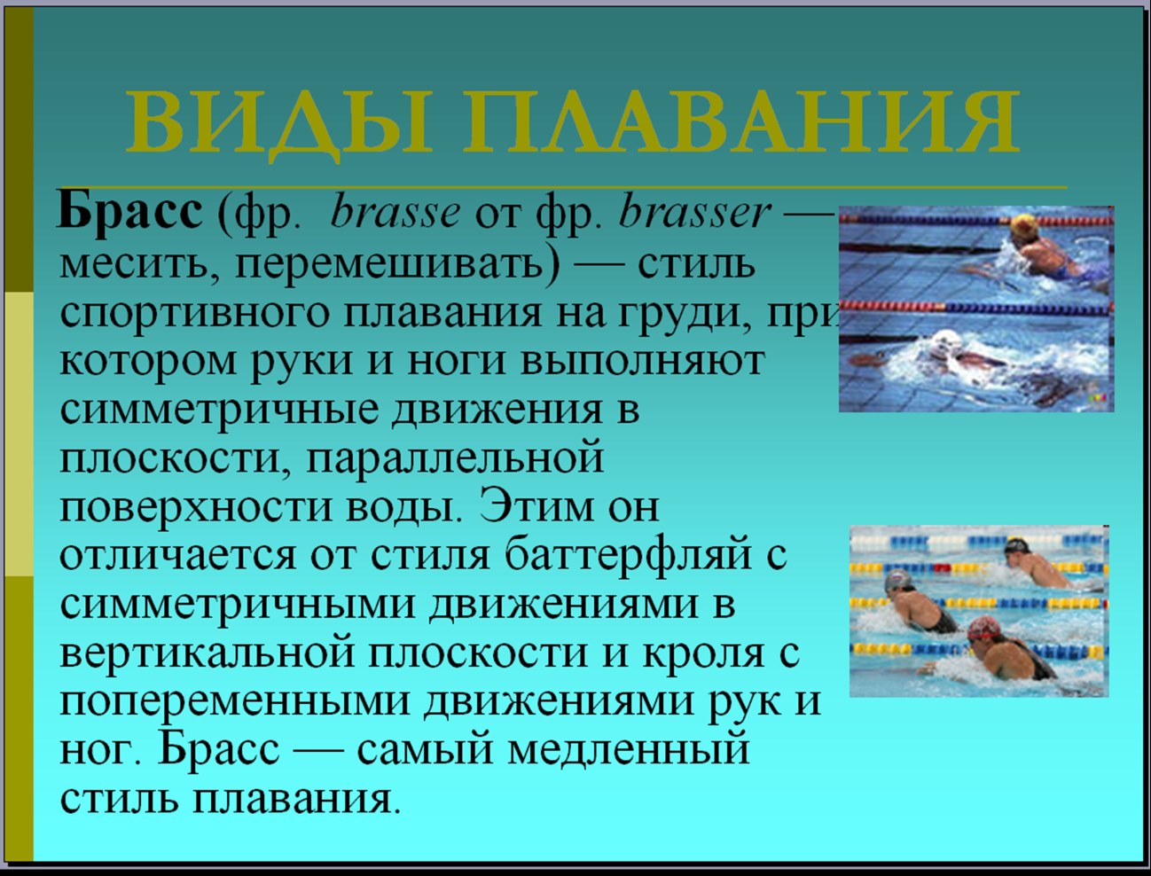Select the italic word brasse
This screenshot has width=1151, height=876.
(x=395, y=214)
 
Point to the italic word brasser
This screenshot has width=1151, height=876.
(x=695, y=214)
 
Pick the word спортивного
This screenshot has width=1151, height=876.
(x=195, y=315)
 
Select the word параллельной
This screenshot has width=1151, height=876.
(x=454, y=458)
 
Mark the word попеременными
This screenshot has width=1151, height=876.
(x=234, y=701)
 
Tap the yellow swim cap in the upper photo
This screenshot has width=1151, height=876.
(x=1024, y=226)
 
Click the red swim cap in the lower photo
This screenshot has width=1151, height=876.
(x=983, y=628)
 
